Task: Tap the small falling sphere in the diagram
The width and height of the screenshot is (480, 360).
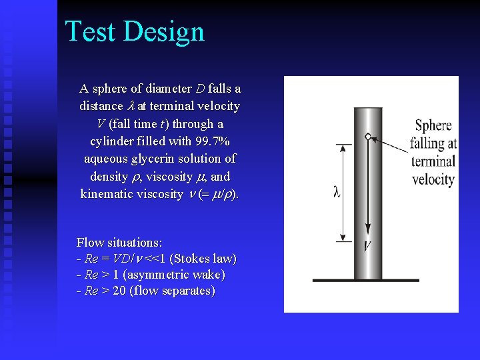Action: pos(367,136)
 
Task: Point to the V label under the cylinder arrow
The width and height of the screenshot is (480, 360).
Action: pos(367,247)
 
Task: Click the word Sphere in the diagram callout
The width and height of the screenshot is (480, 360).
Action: pos(433,125)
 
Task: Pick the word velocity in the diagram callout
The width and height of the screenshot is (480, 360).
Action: pos(433,179)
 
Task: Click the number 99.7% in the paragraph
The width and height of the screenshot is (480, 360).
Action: pos(208,141)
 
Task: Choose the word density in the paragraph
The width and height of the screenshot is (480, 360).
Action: pos(109,177)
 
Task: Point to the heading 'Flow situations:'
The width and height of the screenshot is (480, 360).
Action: pos(119,242)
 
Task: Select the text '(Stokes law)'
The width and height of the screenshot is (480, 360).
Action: pos(203,259)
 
